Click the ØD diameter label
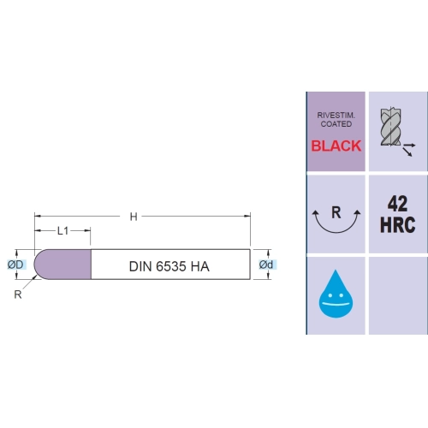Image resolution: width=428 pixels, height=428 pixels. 15,265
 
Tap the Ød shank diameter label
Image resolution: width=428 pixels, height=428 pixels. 266,265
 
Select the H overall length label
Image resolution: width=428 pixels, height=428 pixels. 134,217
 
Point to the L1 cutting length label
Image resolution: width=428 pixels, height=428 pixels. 63,231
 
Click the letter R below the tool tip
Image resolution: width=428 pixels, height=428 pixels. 18,294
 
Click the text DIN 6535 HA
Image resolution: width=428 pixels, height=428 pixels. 169,266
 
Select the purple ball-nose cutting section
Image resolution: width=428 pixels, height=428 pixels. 62,265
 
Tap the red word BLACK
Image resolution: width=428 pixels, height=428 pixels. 336,146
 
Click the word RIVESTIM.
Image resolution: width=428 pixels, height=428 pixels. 336,116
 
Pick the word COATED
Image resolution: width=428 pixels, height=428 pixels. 336,124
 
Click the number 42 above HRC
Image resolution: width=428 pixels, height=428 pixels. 397,204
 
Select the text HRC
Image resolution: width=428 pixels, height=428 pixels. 397,225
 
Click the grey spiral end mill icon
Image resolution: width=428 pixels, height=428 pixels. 391,127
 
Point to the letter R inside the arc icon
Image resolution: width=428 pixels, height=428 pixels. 336,212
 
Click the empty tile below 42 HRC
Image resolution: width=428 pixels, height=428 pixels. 398,295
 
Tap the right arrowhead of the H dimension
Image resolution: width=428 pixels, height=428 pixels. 247,217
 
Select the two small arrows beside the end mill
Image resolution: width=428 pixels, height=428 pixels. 408,150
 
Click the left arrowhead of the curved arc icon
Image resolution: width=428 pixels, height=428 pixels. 315,213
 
